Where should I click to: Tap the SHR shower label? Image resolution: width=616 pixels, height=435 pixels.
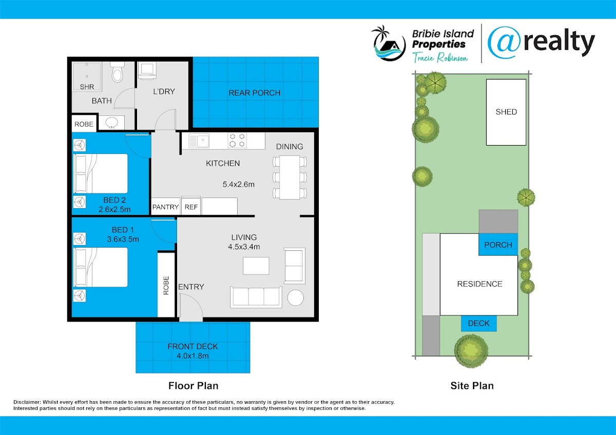[x=87, y=87]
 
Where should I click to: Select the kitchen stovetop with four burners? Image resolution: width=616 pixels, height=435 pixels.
[x=237, y=140]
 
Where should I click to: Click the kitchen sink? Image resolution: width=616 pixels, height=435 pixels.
[x=199, y=141]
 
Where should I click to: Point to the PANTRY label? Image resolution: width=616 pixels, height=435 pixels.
[x=165, y=207]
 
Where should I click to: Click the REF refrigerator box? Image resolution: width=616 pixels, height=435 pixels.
[x=191, y=206]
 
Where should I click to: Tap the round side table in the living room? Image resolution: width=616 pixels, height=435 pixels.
[x=296, y=298]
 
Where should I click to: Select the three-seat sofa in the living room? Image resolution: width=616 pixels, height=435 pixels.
[x=256, y=297]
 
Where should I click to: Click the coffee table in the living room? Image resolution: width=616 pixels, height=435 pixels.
[x=256, y=266]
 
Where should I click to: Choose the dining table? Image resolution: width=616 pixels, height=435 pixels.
[x=290, y=177]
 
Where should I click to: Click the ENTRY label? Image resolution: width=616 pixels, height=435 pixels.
[x=191, y=287]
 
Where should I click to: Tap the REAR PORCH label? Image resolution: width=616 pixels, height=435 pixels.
[x=255, y=93]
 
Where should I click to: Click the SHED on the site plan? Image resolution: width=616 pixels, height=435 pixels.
[x=506, y=112]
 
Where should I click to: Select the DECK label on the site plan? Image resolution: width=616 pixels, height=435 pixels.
[x=479, y=323]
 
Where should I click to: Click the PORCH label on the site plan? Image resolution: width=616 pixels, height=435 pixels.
[x=498, y=245]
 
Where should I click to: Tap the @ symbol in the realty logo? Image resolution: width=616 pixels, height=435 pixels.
[x=504, y=43]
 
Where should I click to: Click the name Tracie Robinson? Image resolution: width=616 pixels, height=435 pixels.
[x=440, y=57]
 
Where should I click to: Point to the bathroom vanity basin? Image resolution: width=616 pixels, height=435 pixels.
[x=112, y=123]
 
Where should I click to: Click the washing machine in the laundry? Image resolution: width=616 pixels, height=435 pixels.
[x=147, y=71]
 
